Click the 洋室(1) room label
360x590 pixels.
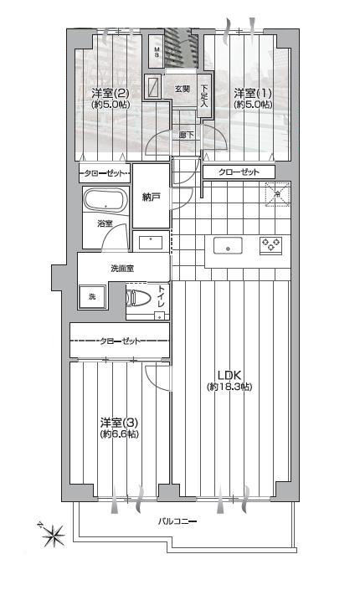pyautogui.click(x=252, y=93)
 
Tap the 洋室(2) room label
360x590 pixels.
pyautogui.click(x=111, y=93)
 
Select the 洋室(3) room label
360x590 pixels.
pyautogui.click(x=119, y=422)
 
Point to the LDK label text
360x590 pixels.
pyautogui.click(x=229, y=375)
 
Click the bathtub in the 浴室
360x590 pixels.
pyautogui.click(x=105, y=200)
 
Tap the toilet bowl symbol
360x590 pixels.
pyautogui.click(x=133, y=298)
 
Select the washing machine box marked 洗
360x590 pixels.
pyautogui.click(x=92, y=297)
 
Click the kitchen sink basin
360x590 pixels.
pyautogui.click(x=228, y=246)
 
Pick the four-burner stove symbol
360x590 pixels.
pyautogui.click(x=270, y=244)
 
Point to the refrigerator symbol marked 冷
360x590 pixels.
pyautogui.click(x=277, y=194)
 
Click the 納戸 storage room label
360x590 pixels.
pyautogui.click(x=151, y=197)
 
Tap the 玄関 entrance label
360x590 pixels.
pyautogui.click(x=183, y=90)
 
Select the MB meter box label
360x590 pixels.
pyautogui.click(x=157, y=52)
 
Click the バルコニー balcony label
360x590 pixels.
pyautogui.click(x=177, y=521)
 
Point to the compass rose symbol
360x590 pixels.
pyautogui.click(x=52, y=533)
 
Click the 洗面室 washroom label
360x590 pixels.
pyautogui.click(x=122, y=269)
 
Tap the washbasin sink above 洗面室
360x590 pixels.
pyautogui.click(x=151, y=243)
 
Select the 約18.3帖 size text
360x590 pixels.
pyautogui.click(x=229, y=387)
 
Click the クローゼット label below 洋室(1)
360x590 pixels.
pyautogui.click(x=239, y=172)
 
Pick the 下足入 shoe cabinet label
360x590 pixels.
pyautogui.click(x=203, y=96)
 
